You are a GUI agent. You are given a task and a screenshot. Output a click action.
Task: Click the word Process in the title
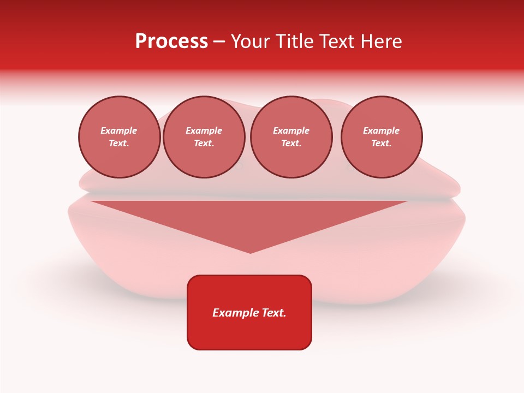pos(171,41)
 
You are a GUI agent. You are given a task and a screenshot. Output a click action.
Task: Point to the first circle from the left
pos(120,137)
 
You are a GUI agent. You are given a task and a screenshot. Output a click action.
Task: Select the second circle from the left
pos(204,137)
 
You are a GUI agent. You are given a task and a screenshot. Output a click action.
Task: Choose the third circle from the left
pos(291,137)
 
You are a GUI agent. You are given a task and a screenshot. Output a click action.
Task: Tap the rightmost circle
pos(382,137)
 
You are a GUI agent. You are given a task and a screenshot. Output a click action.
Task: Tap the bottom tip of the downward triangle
pos(250,252)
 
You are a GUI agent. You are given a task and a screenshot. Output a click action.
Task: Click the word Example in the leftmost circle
pos(119,130)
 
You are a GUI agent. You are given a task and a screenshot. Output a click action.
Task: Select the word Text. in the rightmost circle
pos(382,144)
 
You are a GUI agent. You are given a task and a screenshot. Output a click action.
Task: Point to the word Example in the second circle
pos(204,130)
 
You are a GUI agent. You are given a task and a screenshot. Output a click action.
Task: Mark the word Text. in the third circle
pos(291,144)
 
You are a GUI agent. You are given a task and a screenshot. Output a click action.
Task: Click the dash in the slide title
pos(219,42)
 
